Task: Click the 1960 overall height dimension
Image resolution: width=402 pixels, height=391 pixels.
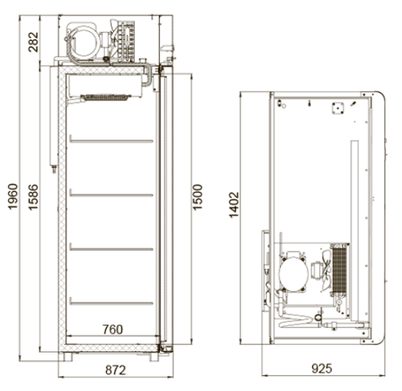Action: (13, 197)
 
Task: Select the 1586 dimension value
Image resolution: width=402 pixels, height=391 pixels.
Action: (33, 197)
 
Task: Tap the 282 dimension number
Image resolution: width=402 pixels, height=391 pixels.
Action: (33, 42)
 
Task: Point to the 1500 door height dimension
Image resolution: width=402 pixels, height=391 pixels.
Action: (197, 197)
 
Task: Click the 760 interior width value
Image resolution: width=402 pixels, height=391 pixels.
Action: (113, 329)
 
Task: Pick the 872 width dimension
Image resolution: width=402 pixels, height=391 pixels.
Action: (115, 370)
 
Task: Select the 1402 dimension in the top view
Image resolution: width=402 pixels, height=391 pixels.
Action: (233, 206)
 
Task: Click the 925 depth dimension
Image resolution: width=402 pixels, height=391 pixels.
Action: (322, 369)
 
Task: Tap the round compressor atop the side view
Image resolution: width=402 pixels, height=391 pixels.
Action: (84, 42)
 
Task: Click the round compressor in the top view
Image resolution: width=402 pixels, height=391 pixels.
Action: (294, 274)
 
